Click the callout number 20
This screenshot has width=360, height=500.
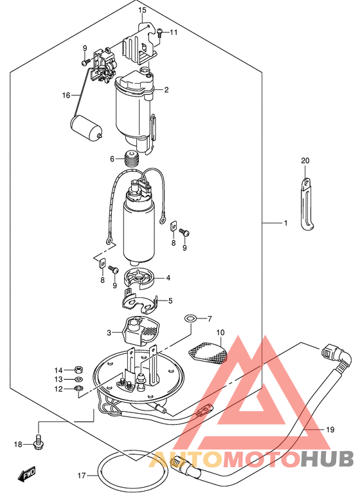[305, 161]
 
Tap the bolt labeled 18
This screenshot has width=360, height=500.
[39, 441]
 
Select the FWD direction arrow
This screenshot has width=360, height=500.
[27, 474]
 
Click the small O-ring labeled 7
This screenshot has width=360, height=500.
[190, 318]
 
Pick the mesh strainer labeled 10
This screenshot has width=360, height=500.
[208, 353]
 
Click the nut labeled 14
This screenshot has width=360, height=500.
[78, 370]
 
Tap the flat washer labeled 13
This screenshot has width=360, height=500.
[78, 380]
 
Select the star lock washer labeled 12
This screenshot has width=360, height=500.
[78, 389]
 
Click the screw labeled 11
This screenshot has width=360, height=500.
[159, 32]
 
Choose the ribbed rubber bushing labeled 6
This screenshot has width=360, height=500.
[131, 158]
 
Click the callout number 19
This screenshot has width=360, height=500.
[330, 429]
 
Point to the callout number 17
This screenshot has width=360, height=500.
[82, 476]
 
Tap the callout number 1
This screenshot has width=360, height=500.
[285, 223]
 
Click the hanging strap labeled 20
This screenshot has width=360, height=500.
[307, 204]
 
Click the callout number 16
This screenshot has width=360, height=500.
[66, 95]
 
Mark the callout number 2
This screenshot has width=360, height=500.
[166, 89]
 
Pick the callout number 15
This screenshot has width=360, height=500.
[142, 10]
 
